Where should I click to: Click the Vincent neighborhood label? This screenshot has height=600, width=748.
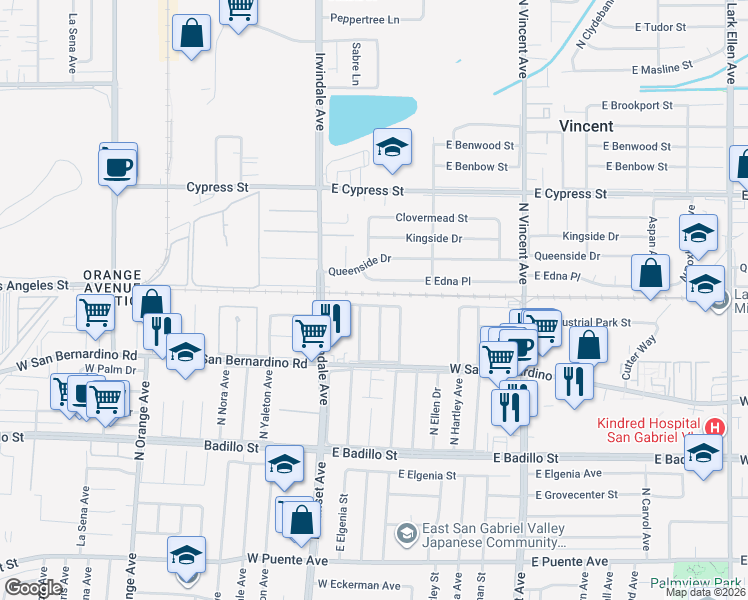(x=586, y=127)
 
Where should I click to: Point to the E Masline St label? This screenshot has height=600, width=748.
(x=662, y=69)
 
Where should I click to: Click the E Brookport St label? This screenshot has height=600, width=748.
(x=643, y=105)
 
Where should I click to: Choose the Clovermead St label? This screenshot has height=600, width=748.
(x=431, y=217)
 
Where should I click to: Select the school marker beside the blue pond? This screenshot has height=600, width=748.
(x=392, y=147)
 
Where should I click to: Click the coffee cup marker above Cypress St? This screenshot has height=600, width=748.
(x=118, y=164)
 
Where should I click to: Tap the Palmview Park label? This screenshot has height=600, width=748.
(x=708, y=582)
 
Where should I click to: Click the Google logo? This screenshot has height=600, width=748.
(x=33, y=588)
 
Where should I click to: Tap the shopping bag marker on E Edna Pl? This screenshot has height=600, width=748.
(x=650, y=272)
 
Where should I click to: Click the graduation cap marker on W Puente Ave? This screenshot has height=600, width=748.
(x=186, y=556)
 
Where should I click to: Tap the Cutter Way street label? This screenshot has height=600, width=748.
(x=639, y=356)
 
